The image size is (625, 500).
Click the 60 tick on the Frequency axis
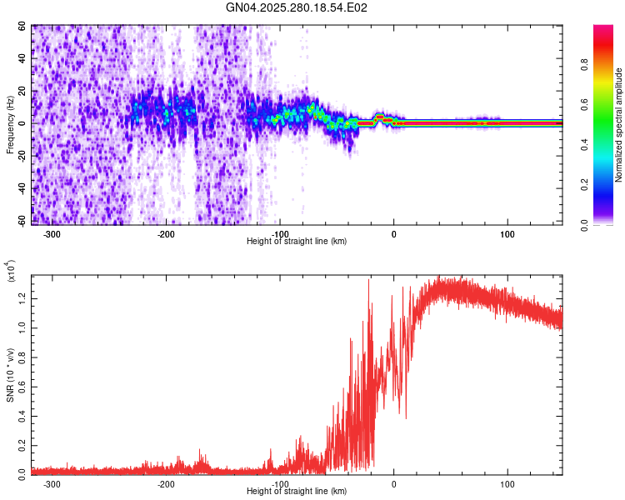(x=22, y=26)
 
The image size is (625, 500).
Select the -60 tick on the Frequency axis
(x=21, y=221)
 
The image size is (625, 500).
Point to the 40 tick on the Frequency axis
(x=22, y=58)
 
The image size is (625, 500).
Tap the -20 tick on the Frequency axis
(x=21, y=156)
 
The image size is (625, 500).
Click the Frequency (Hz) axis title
(x=10, y=124)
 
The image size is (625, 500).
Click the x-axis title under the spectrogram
(x=297, y=242)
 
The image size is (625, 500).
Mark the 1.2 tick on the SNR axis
(x=22, y=297)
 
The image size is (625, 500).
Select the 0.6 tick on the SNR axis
(x=22, y=385)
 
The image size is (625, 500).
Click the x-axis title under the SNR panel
(x=297, y=492)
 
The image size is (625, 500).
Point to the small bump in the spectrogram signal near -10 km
(x=380, y=117)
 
